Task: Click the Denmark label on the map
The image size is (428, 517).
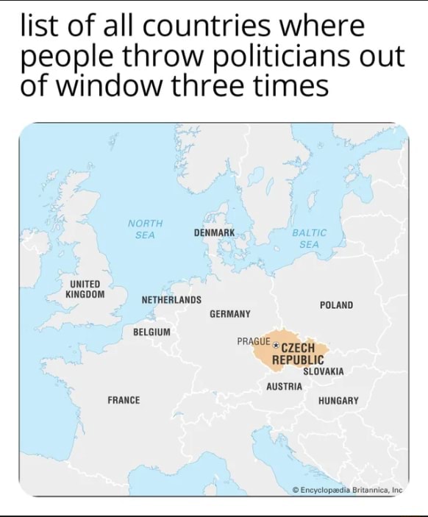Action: tap(214, 232)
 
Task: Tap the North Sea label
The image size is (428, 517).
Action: tap(145, 229)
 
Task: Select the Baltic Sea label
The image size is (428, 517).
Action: tap(309, 238)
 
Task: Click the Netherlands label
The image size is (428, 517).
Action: tap(171, 300)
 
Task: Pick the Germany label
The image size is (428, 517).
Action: tap(229, 313)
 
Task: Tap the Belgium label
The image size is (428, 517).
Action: tap(151, 332)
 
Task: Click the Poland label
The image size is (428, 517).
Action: tap(336, 304)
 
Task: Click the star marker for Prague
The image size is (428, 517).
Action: tap(276, 343)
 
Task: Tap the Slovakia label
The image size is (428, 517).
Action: tap(323, 372)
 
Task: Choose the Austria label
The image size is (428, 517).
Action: tap(284, 387)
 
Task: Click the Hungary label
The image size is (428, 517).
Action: tap(338, 401)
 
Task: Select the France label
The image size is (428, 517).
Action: tap(124, 400)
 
